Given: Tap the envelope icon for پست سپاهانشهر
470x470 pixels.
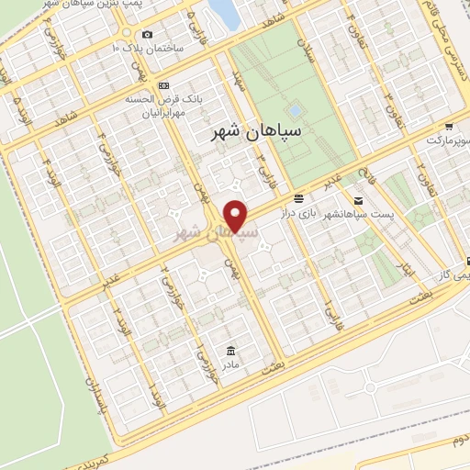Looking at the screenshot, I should coord(358,200).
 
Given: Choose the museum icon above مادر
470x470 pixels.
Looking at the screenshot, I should coord(229,351).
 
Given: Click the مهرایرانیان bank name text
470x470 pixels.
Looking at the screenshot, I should coord(165,114).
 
